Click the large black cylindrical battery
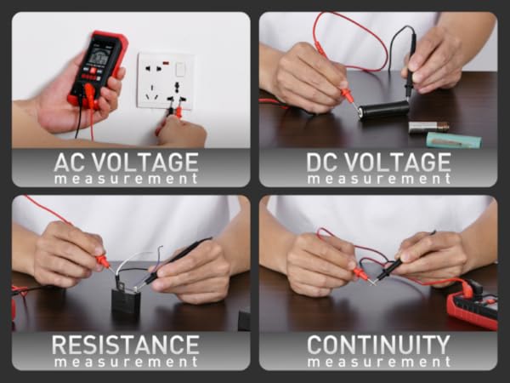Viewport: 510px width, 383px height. [382, 110]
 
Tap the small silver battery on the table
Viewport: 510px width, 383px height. [428, 126]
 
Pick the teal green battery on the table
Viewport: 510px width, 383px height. [452, 140]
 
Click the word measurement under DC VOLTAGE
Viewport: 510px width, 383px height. [378, 179]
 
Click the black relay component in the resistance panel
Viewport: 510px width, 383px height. [126, 302]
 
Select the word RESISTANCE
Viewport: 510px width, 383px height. [125, 346]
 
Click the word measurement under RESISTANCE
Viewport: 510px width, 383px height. [125, 363]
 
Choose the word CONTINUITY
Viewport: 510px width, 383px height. [378, 346]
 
